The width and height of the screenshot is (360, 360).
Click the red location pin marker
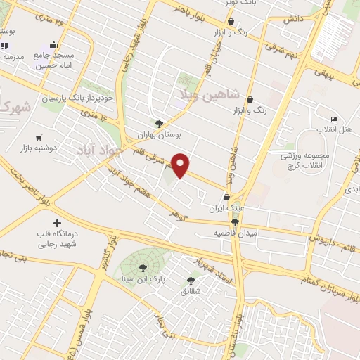pos(181,165)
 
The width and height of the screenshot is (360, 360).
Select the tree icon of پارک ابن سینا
pos(143,268)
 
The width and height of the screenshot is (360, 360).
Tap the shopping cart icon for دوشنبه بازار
pos(39,138)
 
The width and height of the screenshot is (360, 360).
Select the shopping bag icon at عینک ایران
pos(227,198)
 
